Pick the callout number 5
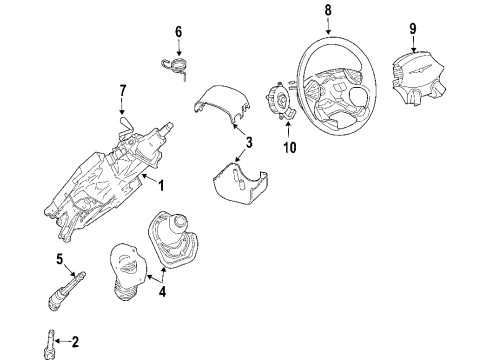point(59,263)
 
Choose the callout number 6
point(178,32)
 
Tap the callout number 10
point(291,149)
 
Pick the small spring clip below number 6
point(176,66)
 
